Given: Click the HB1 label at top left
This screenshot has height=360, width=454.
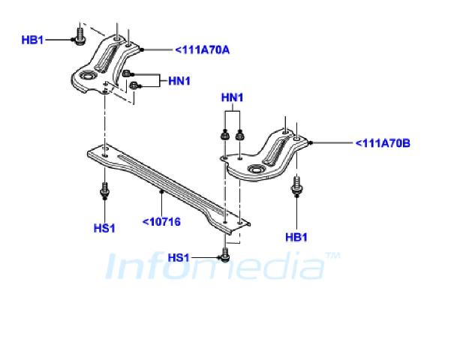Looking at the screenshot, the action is click(x=32, y=40).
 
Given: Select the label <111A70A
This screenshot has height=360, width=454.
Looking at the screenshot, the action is click(x=203, y=50).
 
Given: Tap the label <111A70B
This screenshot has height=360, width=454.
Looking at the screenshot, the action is click(x=383, y=143).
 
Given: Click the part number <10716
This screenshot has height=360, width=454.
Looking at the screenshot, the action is click(x=161, y=222).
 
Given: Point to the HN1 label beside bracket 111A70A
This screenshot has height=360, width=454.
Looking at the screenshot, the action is click(x=179, y=81).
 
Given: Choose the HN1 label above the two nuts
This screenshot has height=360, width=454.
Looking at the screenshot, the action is click(x=232, y=97).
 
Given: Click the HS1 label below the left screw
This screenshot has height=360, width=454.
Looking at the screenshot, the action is click(x=104, y=228).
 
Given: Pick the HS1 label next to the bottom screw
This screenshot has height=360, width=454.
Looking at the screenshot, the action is click(x=179, y=257).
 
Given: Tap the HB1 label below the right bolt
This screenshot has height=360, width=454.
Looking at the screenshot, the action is click(x=296, y=237).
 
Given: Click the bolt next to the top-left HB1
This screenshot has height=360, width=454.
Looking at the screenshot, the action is click(x=80, y=36).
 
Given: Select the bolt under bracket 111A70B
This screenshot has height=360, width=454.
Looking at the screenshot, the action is click(x=296, y=185).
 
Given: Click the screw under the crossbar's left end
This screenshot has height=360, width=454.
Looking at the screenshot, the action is click(x=104, y=190).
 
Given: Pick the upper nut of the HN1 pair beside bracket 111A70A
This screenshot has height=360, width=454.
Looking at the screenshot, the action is click(x=126, y=73).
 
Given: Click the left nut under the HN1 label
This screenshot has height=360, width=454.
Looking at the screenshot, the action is click(x=224, y=135).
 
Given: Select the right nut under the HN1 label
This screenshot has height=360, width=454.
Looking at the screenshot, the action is click(x=239, y=135).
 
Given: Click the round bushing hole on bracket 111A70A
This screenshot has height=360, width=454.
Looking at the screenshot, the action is click(x=87, y=76).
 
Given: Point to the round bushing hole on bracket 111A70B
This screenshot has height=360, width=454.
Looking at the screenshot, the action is click(x=256, y=169).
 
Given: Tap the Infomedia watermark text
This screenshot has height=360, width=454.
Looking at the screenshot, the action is click(x=223, y=265).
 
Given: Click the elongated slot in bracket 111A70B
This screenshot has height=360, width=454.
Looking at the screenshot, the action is click(x=275, y=151).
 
